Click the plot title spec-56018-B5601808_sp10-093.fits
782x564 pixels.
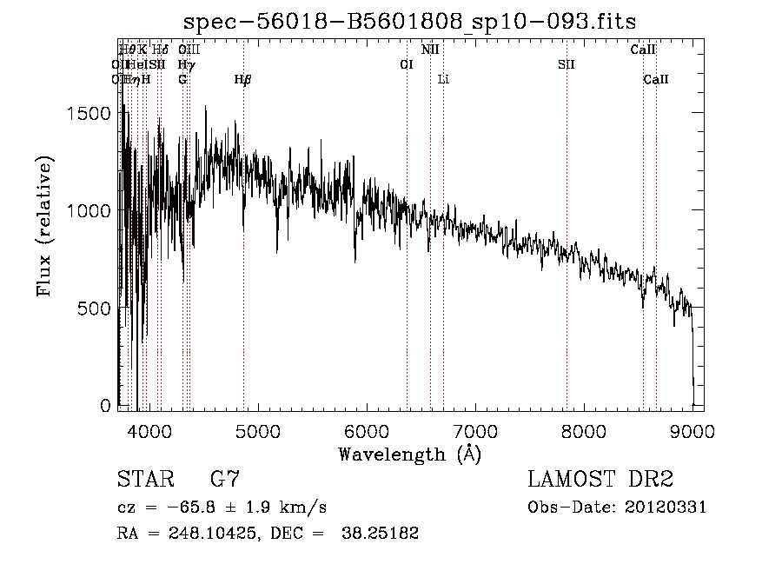[x=417, y=23]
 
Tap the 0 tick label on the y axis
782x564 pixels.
[x=106, y=406]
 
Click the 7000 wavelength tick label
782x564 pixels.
[x=474, y=430]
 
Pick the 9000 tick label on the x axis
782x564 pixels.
[x=693, y=430]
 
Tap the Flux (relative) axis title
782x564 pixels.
[x=44, y=226]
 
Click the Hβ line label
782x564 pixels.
[x=243, y=80]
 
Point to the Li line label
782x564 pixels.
[x=443, y=80]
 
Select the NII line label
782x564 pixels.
[x=430, y=50]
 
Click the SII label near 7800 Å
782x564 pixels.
[x=567, y=64]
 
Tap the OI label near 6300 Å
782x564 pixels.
[x=406, y=64]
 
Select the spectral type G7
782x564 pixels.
[x=225, y=480]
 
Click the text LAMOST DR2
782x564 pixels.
[x=600, y=480]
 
